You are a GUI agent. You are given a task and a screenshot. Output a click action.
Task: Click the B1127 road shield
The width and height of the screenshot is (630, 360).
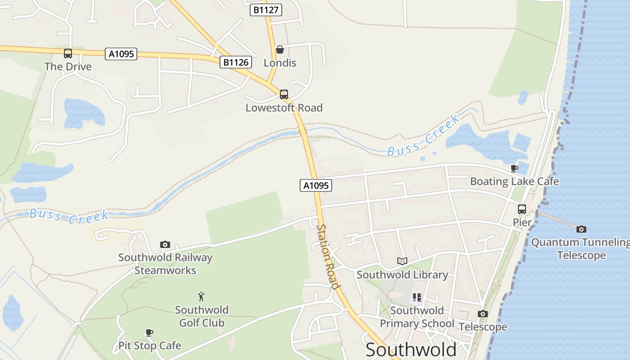[266, 10]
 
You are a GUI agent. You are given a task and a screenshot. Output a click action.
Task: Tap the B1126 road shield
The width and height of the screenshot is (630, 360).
[236, 62]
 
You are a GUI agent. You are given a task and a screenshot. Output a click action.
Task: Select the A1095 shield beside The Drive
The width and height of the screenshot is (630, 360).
[121, 54]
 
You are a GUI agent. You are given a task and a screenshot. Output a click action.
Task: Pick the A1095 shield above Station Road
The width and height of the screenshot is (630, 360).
[316, 185]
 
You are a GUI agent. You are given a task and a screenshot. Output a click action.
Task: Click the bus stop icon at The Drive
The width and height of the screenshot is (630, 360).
[68, 54]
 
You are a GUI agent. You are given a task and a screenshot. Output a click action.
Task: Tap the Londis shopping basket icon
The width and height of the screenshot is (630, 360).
[280, 49]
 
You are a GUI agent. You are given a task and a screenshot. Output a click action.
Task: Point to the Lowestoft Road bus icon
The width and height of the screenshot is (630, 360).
[284, 94]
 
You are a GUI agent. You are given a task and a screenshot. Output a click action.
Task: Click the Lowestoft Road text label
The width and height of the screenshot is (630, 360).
[284, 108]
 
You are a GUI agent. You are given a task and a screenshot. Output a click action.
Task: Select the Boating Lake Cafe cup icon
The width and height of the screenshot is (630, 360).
[514, 169]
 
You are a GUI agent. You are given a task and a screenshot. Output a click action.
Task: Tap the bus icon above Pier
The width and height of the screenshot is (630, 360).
[522, 209]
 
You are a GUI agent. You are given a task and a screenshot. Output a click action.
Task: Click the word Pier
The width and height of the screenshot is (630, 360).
[522, 222]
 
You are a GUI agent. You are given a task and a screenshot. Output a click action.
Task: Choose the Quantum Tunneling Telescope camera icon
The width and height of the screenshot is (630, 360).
[581, 229]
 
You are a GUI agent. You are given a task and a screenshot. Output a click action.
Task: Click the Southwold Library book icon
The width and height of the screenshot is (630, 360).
[402, 261]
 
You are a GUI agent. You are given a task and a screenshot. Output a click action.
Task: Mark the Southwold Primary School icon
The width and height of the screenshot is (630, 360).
[417, 297]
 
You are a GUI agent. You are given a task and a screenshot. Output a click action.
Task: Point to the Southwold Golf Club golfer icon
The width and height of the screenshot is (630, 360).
[202, 297]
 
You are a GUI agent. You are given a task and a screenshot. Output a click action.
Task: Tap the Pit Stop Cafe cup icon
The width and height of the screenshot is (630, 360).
[149, 333]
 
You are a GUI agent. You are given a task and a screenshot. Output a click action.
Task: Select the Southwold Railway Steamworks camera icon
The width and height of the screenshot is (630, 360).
[165, 244]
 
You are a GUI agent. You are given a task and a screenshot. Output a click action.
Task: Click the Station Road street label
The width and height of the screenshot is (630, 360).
[328, 256]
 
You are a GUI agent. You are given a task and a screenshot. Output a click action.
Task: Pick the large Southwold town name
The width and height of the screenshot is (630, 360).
[411, 350]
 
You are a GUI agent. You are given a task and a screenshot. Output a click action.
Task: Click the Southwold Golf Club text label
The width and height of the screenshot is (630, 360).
[202, 316]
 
